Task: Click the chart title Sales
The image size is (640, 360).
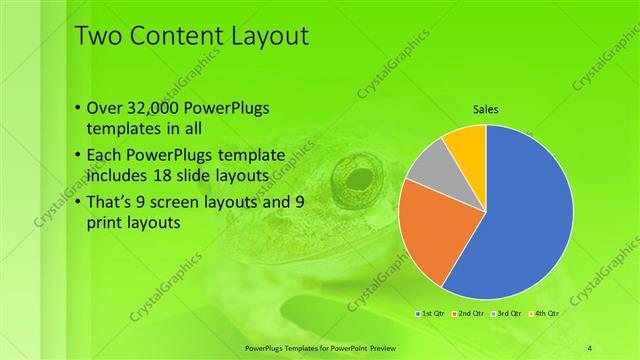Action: (486, 110)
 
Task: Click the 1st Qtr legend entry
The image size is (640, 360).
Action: (433, 314)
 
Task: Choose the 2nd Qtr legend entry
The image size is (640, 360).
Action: (470, 314)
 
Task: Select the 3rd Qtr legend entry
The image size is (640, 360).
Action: (507, 314)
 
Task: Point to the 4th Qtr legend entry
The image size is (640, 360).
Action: (544, 314)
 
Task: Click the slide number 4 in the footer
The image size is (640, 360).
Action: (591, 347)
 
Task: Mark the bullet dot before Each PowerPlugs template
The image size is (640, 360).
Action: (79, 155)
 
